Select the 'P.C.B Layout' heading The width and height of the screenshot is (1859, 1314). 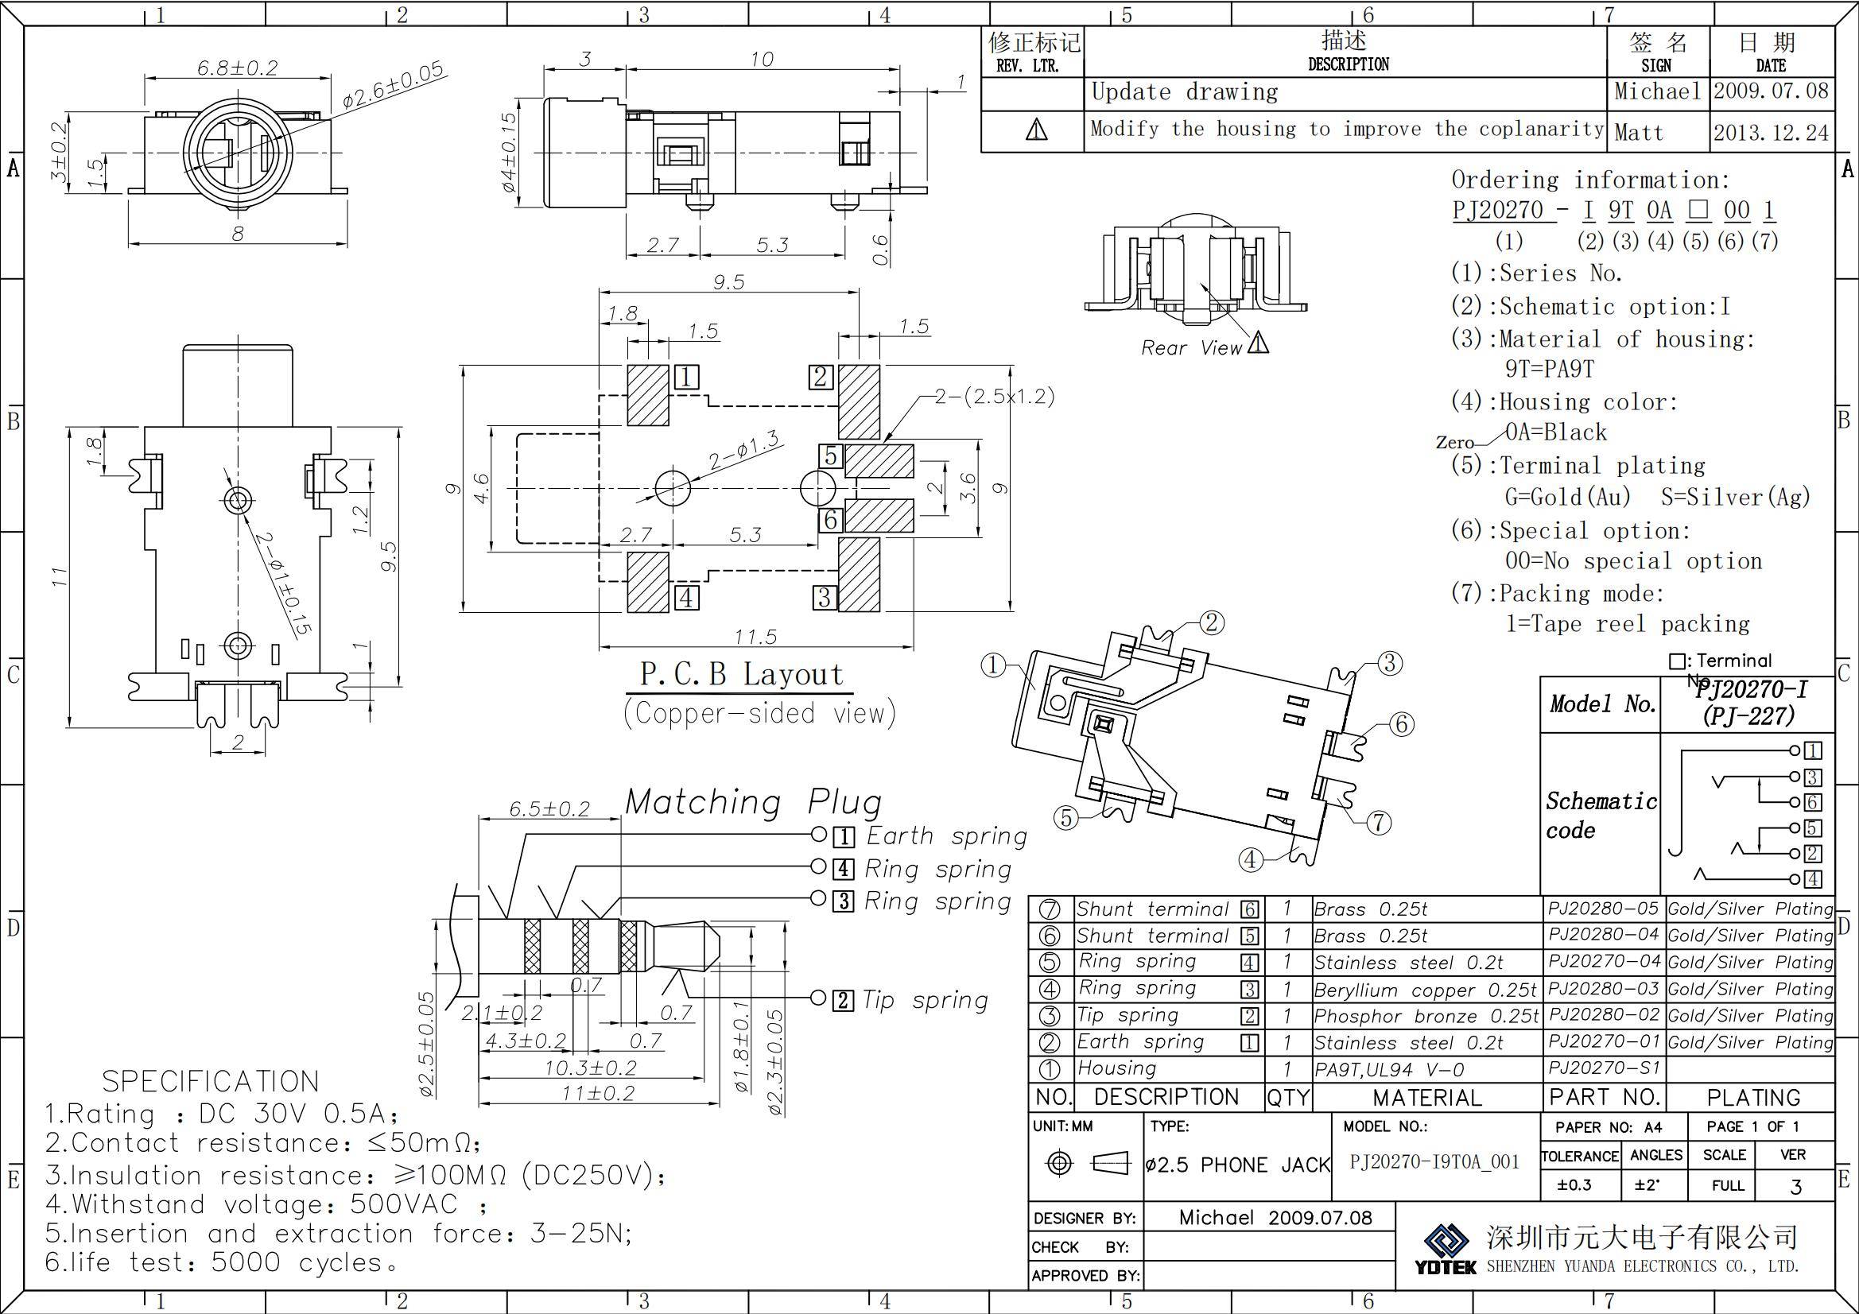pyautogui.click(x=741, y=674)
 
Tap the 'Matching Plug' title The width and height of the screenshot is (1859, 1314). pyautogui.click(x=753, y=802)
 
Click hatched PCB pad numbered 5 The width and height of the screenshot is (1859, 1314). pyautogui.click(x=879, y=461)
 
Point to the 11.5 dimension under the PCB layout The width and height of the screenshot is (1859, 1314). pyautogui.click(x=755, y=638)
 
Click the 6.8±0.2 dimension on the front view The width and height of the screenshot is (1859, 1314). pyautogui.click(x=237, y=68)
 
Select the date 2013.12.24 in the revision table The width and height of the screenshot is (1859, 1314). pyautogui.click(x=1771, y=133)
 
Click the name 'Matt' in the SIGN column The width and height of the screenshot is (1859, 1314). pyautogui.click(x=1639, y=133)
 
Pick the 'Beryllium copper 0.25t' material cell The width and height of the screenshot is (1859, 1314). pyautogui.click(x=1424, y=990)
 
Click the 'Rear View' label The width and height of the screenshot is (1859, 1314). pyautogui.click(x=1190, y=348)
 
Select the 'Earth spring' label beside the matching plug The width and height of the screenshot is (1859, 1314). pyautogui.click(x=945, y=836)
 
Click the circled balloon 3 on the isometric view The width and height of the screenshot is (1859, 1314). pyautogui.click(x=1389, y=663)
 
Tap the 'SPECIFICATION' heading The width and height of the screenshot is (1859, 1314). pyautogui.click(x=211, y=1082)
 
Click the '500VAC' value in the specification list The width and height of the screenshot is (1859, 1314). pyautogui.click(x=403, y=1205)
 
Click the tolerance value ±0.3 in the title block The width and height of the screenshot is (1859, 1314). pyautogui.click(x=1574, y=1185)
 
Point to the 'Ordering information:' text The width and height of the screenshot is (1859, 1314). pyautogui.click(x=1589, y=180)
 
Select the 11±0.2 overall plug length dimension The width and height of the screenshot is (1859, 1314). pyautogui.click(x=599, y=1094)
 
